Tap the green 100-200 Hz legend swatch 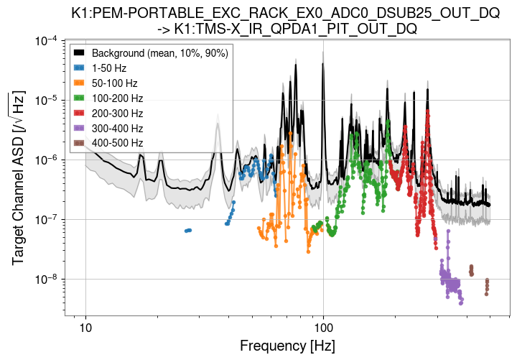click(80, 98)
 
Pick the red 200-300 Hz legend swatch click(80, 114)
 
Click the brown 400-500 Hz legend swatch click(80, 144)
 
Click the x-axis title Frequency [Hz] click(287, 346)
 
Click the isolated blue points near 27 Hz click(188, 230)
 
